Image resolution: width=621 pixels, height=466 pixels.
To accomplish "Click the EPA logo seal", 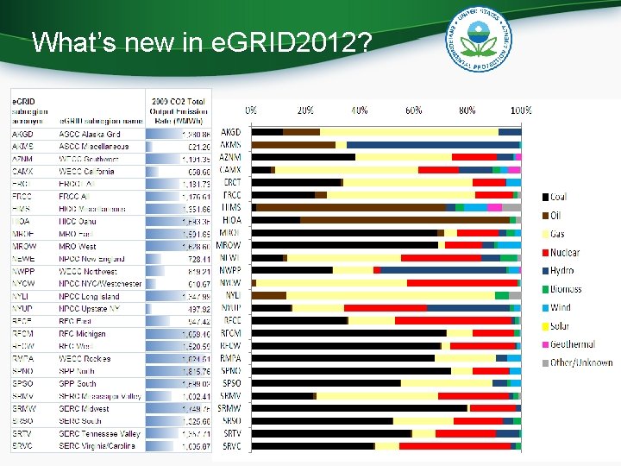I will click(480, 40).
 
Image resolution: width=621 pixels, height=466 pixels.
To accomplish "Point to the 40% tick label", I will click(359, 110).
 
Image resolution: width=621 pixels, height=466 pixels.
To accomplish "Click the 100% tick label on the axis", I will click(520, 110).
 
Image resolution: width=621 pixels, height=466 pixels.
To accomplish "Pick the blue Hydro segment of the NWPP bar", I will click(444, 270).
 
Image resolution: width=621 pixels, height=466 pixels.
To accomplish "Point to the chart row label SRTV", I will click(231, 433).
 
